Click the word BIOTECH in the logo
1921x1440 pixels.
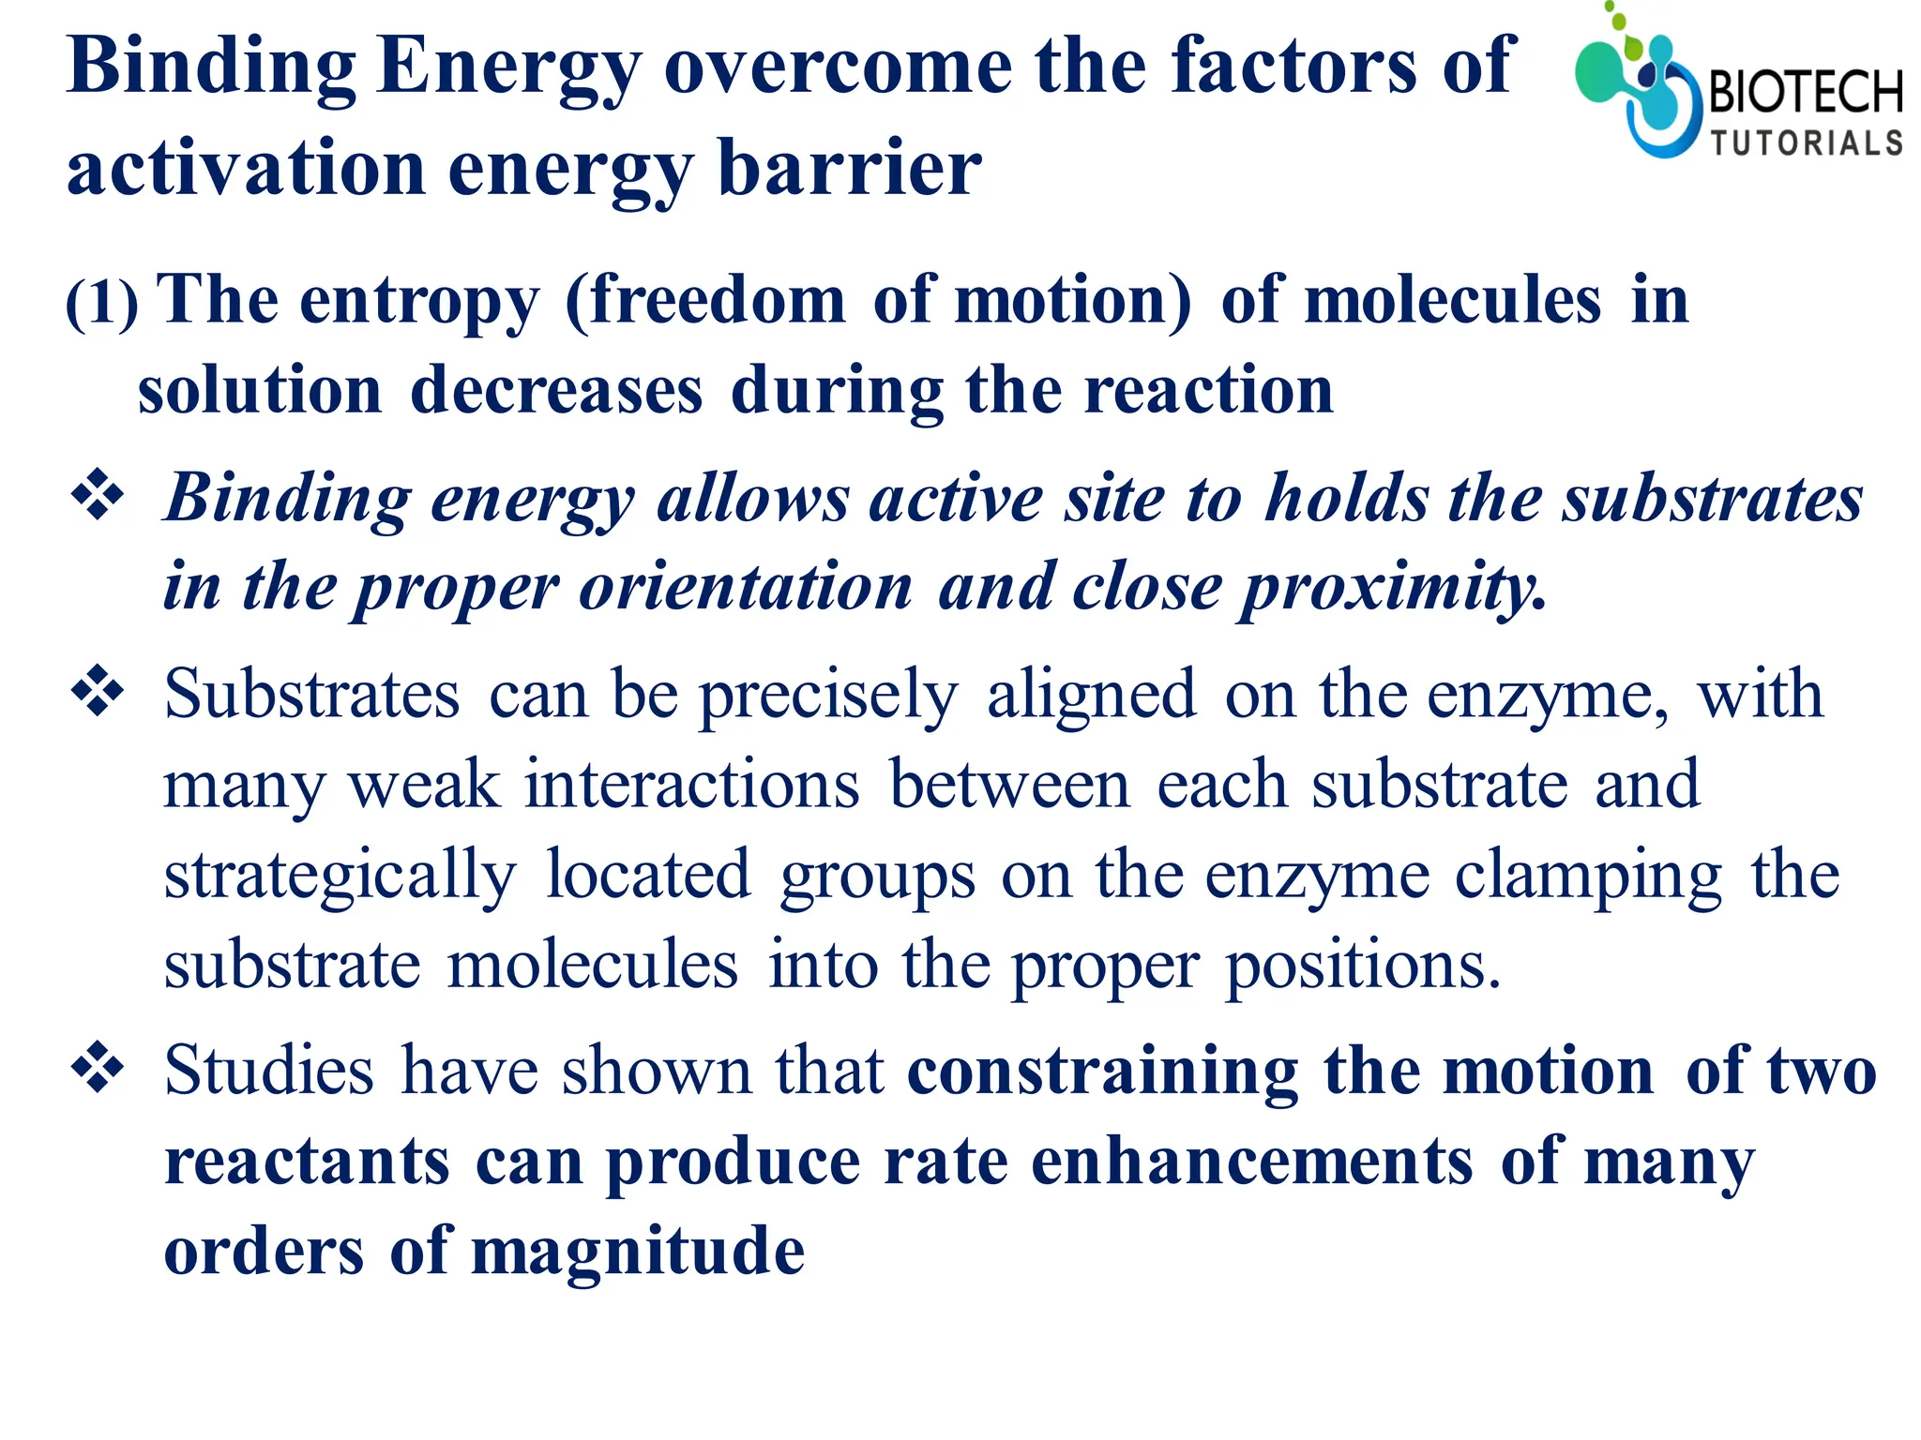click(x=1805, y=92)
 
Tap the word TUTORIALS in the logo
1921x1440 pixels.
click(x=1806, y=143)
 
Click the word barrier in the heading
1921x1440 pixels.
click(x=849, y=169)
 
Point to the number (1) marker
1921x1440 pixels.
click(x=101, y=304)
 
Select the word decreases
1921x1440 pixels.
click(x=556, y=390)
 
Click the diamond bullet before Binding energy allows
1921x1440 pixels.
click(x=98, y=495)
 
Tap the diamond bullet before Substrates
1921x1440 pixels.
click(x=98, y=692)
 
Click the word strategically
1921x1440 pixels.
click(x=340, y=876)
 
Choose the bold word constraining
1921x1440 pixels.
click(x=1102, y=1071)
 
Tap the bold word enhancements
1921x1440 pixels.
click(x=1251, y=1162)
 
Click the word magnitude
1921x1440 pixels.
click(x=638, y=1252)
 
